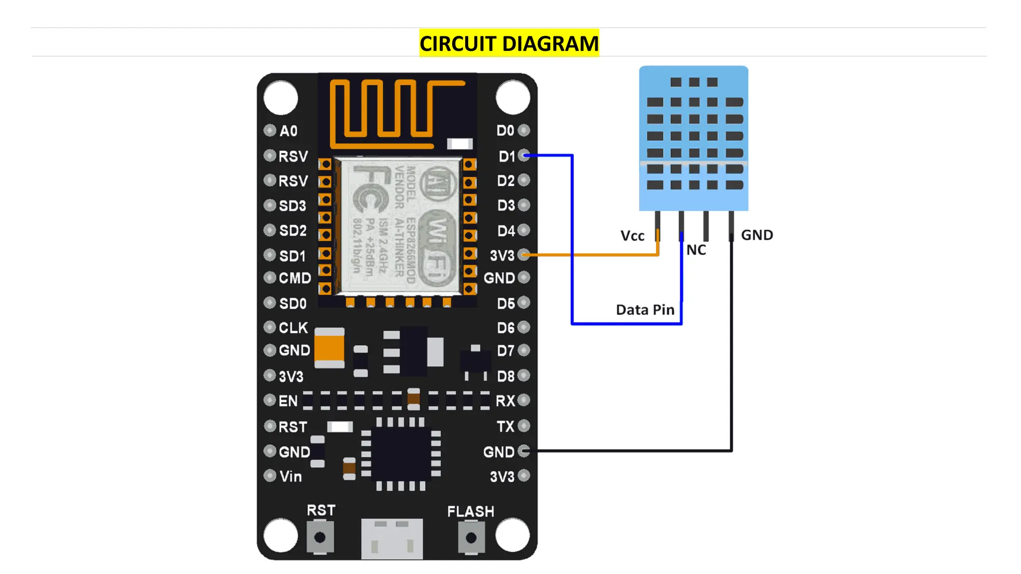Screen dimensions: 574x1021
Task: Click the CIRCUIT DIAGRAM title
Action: click(x=509, y=43)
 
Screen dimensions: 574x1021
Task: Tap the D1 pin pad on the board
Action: click(x=523, y=155)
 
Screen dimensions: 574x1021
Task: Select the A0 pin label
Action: click(x=288, y=131)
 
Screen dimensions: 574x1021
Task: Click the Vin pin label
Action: click(x=290, y=476)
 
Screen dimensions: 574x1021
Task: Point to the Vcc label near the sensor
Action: click(x=632, y=236)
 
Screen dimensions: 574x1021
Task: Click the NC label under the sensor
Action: click(x=696, y=250)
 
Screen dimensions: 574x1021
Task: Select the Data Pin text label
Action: click(x=645, y=310)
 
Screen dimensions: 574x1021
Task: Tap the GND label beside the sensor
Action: click(x=757, y=235)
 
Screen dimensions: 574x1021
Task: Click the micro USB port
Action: click(x=392, y=538)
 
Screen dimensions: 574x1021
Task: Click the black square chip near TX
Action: click(x=401, y=454)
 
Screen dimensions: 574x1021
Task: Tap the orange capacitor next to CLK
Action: click(x=329, y=348)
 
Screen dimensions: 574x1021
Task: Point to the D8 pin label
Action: click(x=506, y=376)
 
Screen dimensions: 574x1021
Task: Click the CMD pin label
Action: click(x=295, y=278)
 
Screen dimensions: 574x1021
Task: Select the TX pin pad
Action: click(x=523, y=426)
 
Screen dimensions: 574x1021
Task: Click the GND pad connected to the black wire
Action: click(x=523, y=451)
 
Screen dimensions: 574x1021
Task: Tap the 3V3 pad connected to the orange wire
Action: click(x=523, y=255)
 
